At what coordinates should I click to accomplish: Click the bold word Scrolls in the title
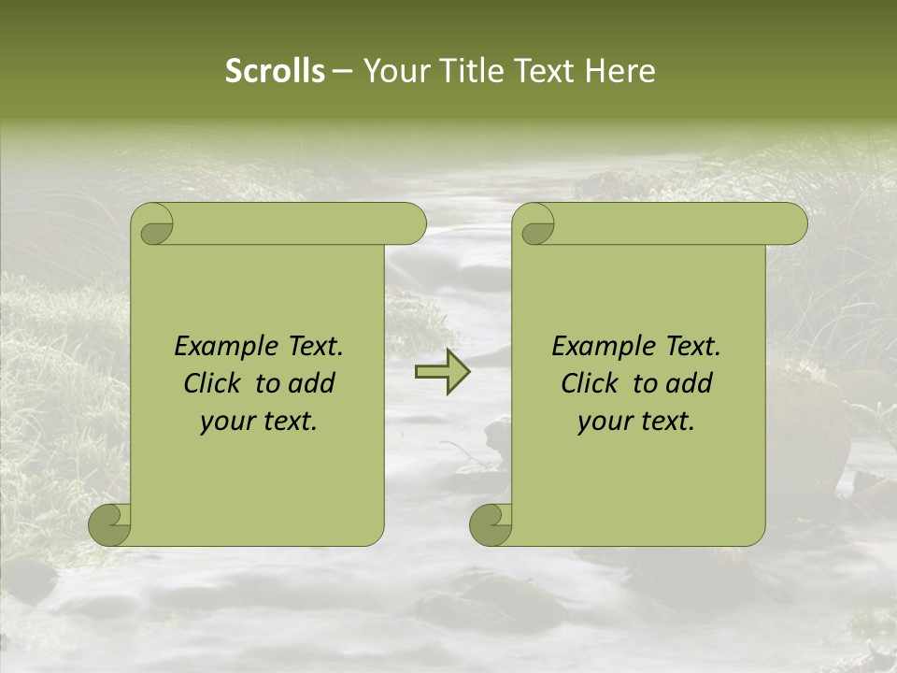pyautogui.click(x=275, y=71)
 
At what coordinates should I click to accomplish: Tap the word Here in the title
pyautogui.click(x=620, y=71)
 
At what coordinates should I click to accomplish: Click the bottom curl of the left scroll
pyautogui.click(x=110, y=523)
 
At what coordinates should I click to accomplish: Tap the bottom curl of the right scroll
pyautogui.click(x=491, y=523)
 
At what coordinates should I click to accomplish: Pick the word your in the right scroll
pyautogui.click(x=603, y=422)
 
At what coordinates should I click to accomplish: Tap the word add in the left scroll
pyautogui.click(x=311, y=383)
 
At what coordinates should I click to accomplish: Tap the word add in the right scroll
pyautogui.click(x=689, y=383)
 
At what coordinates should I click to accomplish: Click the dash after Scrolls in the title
pyautogui.click(x=342, y=72)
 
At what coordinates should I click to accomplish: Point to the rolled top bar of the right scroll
pyautogui.click(x=673, y=224)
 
